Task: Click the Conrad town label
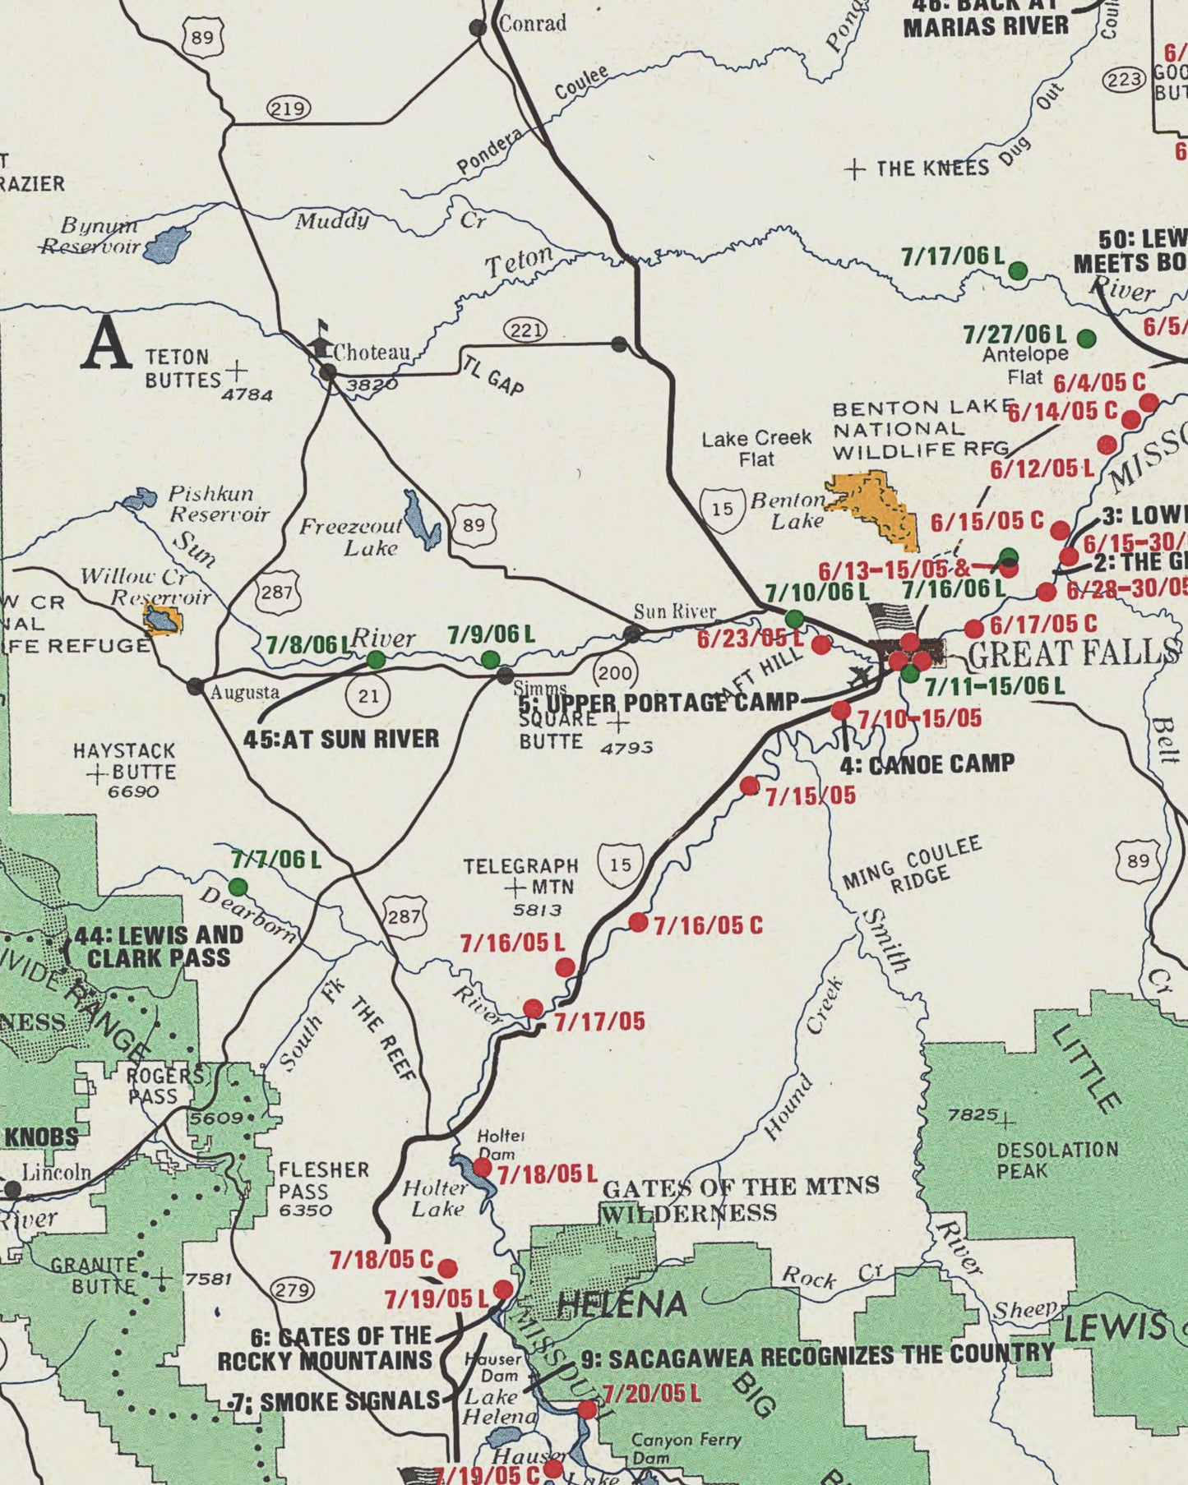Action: [533, 24]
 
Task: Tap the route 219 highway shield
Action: [289, 108]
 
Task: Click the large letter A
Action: [106, 344]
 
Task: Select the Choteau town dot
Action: [328, 373]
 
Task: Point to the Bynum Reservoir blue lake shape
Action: [167, 244]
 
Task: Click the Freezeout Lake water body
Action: [420, 521]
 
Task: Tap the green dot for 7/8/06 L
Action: [376, 660]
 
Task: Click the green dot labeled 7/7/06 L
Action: [238, 887]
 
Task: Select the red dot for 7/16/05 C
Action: [638, 922]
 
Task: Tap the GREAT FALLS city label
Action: [1073, 654]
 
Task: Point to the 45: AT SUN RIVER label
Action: [340, 739]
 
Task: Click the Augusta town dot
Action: [195, 687]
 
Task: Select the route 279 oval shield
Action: [293, 1290]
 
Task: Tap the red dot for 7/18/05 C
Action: [448, 1268]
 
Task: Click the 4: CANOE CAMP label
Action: [927, 764]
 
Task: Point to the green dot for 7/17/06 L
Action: [1018, 270]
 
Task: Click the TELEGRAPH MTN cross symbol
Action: [515, 888]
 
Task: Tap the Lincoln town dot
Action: [12, 1189]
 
